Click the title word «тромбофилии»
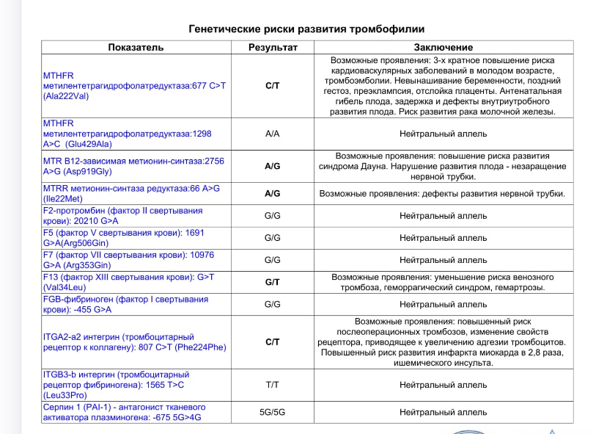[x=387, y=29]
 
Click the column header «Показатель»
[x=136, y=48]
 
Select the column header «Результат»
[x=273, y=48]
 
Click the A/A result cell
[x=273, y=134]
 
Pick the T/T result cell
[x=273, y=385]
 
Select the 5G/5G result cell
[x=273, y=413]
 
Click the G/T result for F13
[x=273, y=283]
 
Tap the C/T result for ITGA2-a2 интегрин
[x=273, y=342]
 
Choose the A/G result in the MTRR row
[x=273, y=194]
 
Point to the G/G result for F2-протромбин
[x=273, y=216]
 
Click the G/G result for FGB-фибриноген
[x=273, y=304]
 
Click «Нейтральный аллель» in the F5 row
[x=443, y=238]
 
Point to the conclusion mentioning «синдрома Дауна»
[x=443, y=167]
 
